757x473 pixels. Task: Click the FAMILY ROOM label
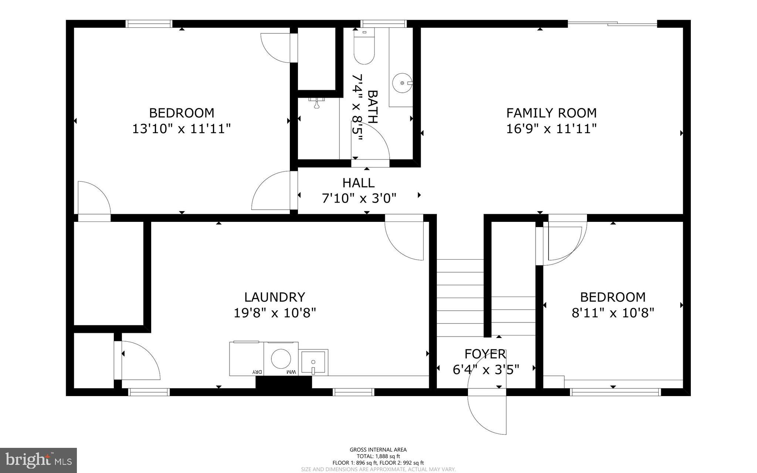click(551, 113)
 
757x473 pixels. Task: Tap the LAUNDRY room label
click(275, 297)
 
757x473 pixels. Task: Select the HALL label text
click(358, 183)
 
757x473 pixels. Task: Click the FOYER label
click(485, 354)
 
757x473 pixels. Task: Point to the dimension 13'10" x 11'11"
click(181, 129)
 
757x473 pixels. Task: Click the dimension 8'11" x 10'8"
click(613, 313)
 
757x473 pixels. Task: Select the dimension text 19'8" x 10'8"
click(275, 313)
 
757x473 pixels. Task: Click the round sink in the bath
click(402, 83)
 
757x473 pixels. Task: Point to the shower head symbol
click(317, 103)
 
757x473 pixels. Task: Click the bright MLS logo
click(38, 460)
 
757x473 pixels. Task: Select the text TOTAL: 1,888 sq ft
click(378, 456)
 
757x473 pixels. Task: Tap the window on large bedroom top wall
click(149, 24)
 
